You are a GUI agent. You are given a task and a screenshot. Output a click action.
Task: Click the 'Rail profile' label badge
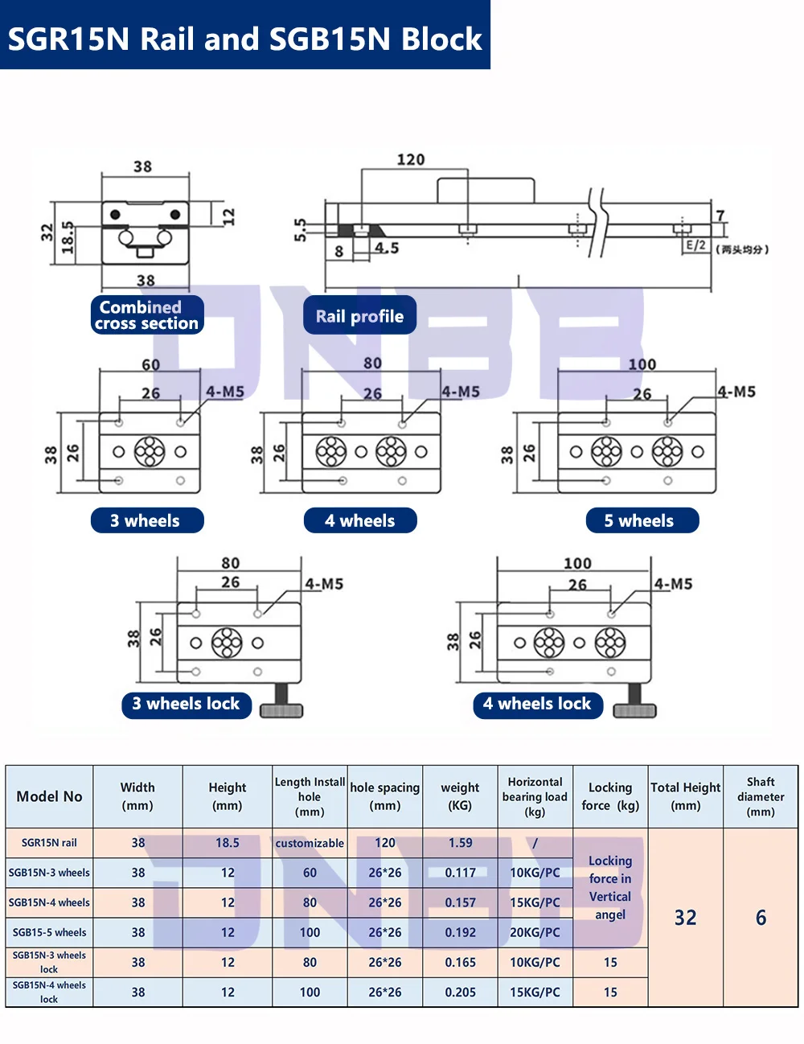pos(359,316)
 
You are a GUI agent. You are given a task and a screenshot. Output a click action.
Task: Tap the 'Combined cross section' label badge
pos(147,315)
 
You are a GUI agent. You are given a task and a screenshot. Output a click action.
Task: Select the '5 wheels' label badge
pos(641,520)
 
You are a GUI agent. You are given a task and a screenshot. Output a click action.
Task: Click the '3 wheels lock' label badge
pos(187,704)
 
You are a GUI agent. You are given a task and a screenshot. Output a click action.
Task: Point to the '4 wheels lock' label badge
pos(537,704)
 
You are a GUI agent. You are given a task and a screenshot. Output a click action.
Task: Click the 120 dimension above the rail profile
pos(411,159)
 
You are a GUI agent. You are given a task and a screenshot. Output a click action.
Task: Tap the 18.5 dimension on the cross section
pos(69,238)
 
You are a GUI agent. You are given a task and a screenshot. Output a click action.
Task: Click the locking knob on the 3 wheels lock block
pos(281,702)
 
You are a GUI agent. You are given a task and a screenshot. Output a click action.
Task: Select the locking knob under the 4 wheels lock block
pos(634,702)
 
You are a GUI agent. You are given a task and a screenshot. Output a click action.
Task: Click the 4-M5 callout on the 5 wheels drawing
pos(736,392)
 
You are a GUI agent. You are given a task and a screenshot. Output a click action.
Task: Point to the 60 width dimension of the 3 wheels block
pos(151,364)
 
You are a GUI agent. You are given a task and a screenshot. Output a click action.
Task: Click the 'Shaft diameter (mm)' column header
pos(761,796)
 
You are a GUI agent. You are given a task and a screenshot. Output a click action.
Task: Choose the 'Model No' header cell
pos(50,796)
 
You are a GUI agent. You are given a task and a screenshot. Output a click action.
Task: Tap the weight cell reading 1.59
pos(460,843)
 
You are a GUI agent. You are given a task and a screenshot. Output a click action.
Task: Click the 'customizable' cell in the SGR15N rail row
pos(310,843)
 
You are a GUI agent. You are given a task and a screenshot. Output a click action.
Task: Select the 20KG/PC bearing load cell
pos(535,932)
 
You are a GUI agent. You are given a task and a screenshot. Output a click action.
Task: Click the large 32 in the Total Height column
pos(685,918)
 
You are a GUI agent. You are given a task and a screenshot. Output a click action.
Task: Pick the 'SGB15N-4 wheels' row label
pos(50,902)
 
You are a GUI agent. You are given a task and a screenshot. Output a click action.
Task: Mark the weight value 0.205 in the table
pos(460,992)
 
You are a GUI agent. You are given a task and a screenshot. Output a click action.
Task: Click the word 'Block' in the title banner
pos(441,39)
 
